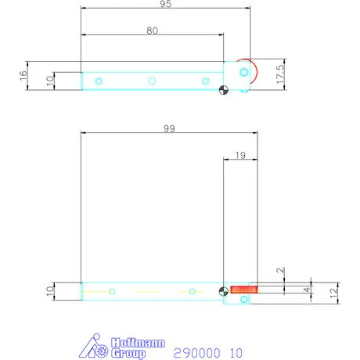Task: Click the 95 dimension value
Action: [x=166, y=4]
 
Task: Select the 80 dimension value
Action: [x=152, y=31]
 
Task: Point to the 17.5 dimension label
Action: [x=280, y=74]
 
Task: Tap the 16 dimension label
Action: [x=23, y=76]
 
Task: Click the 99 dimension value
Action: [x=169, y=128]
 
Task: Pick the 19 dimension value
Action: [x=240, y=156]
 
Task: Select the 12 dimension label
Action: [x=333, y=293]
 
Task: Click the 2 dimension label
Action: [x=280, y=270]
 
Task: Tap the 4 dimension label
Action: [x=307, y=290]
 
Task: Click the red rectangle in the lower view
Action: [x=244, y=290]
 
